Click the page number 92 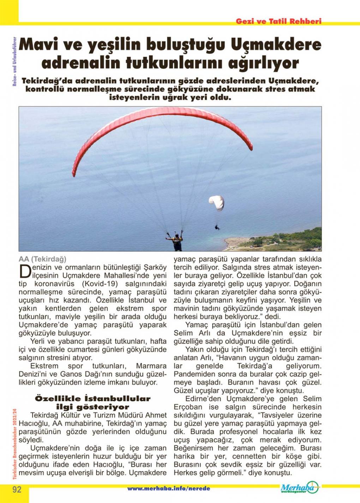click(x=17, y=489)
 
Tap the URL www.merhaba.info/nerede click(x=169, y=489)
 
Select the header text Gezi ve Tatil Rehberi click(x=278, y=21)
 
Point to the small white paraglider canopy click(x=216, y=202)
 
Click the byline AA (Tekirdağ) click(x=43, y=259)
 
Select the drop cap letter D click(x=24, y=271)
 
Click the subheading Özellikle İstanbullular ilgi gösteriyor click(x=92, y=402)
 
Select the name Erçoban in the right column click(x=188, y=407)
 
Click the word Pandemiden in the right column click(x=193, y=374)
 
